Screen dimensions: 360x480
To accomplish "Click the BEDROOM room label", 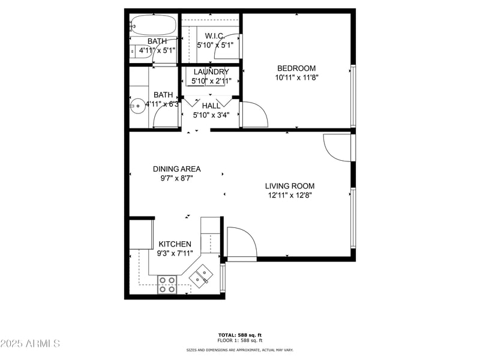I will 296,68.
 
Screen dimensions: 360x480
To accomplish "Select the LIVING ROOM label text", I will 290,186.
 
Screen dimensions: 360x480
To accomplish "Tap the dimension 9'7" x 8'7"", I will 176,178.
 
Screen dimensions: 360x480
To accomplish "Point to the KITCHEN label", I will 175,244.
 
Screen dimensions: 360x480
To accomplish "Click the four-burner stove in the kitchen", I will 167,284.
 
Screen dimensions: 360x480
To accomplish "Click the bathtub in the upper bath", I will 154,26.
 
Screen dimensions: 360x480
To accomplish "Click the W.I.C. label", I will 214,35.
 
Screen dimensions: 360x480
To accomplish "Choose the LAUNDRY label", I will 211,72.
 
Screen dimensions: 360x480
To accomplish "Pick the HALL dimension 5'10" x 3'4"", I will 211,115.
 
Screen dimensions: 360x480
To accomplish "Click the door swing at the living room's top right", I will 337,146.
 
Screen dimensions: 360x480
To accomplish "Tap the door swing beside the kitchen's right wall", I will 242,242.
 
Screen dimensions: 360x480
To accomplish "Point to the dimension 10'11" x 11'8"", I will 296,77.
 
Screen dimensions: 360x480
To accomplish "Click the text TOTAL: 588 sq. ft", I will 239,335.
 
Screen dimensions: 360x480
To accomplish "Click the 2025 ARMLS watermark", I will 30,344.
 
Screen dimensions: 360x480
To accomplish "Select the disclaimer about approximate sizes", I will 239,350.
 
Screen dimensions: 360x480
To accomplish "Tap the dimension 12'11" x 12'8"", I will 290,195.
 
